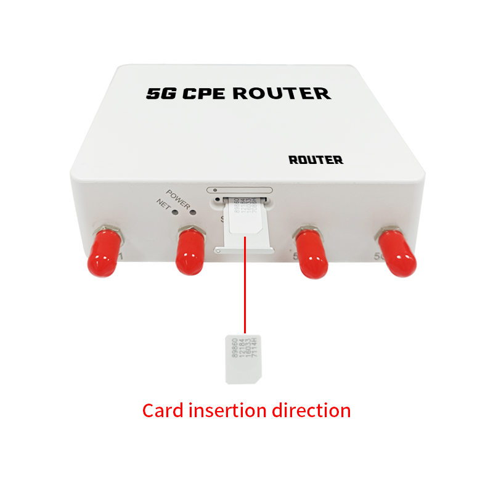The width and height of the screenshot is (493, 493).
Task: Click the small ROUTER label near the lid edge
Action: (x=316, y=160)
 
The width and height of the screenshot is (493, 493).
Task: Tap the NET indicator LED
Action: (x=176, y=211)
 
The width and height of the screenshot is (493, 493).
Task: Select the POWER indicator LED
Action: (x=192, y=213)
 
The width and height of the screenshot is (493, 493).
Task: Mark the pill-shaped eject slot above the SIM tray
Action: (x=240, y=190)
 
